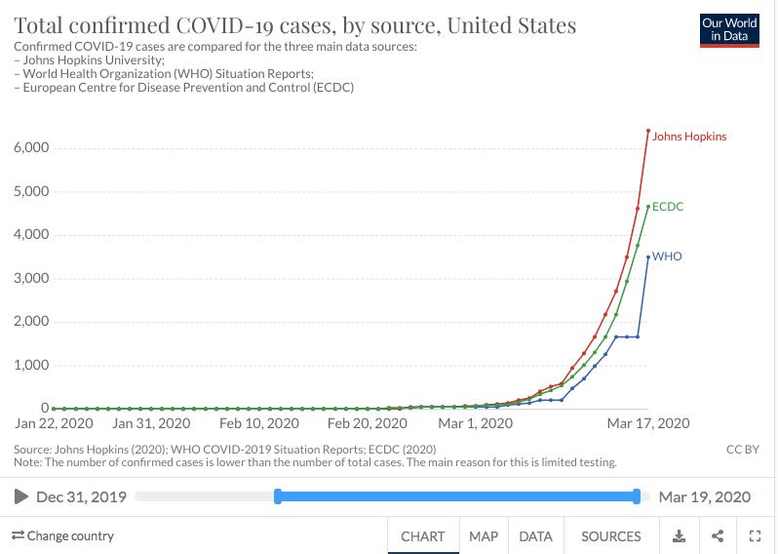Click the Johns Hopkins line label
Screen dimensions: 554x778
point(689,137)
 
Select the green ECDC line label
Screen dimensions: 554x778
point(668,207)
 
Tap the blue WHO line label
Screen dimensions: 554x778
point(667,257)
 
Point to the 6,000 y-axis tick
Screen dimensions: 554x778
point(31,147)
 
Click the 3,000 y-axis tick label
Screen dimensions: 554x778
point(31,278)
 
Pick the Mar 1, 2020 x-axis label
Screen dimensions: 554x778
point(475,423)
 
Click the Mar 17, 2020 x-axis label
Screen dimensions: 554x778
point(648,423)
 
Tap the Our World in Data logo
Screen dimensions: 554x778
point(729,29)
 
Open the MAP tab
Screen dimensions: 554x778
point(483,536)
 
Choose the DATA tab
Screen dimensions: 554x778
point(535,536)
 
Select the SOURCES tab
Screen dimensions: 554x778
point(611,536)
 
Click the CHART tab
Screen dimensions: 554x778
point(423,536)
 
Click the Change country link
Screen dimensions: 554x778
point(62,535)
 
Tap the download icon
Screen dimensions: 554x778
point(680,536)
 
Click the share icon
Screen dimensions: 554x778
point(718,536)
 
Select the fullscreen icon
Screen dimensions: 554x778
point(755,536)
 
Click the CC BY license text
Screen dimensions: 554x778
point(743,450)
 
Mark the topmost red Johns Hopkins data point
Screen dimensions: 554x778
point(648,131)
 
